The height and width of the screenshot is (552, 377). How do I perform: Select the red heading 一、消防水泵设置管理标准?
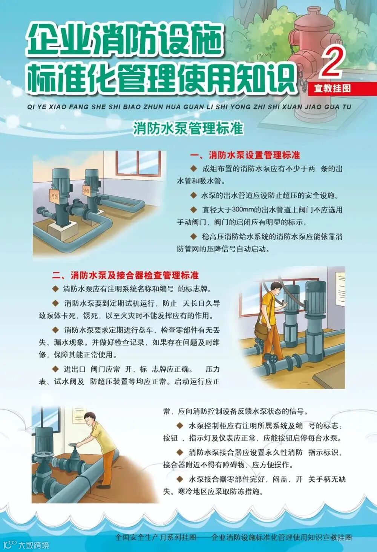tap(245, 155)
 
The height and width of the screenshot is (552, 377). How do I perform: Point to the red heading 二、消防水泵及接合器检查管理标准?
tap(125, 275)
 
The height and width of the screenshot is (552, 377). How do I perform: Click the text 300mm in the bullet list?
tap(241, 210)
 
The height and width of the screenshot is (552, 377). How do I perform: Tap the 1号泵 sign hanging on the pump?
tap(54, 196)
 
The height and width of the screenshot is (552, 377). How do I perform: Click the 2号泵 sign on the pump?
tap(86, 190)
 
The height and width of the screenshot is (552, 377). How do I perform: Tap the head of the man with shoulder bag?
tap(276, 289)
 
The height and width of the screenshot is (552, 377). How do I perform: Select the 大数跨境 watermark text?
tap(34, 545)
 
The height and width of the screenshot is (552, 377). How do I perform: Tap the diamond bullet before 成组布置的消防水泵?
tap(194, 168)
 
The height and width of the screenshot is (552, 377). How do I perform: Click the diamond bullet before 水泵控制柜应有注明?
tap(180, 425)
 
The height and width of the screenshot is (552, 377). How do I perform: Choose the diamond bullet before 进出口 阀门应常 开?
tap(55, 369)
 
